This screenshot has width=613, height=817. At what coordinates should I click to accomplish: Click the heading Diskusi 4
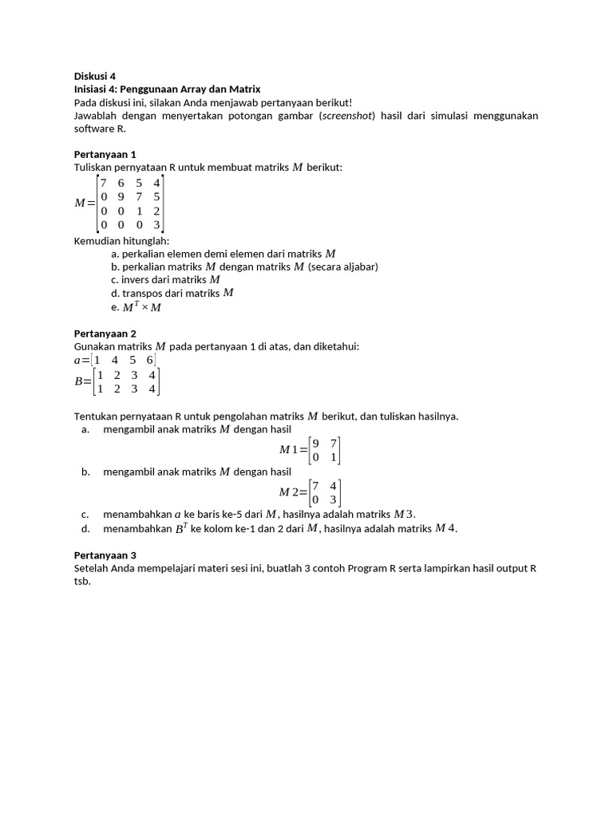tap(95, 76)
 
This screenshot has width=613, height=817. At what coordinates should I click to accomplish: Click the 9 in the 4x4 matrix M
tap(121, 196)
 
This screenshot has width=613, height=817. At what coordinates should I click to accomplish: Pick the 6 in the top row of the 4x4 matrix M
tap(121, 183)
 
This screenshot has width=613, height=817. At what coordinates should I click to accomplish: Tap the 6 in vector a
tap(149, 360)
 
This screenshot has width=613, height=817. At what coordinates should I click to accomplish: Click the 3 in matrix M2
tap(334, 499)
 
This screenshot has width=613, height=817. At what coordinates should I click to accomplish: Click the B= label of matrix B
tap(83, 381)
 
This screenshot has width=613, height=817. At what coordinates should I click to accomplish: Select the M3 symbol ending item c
tap(404, 514)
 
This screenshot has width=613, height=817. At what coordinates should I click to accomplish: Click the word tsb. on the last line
tap(82, 582)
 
